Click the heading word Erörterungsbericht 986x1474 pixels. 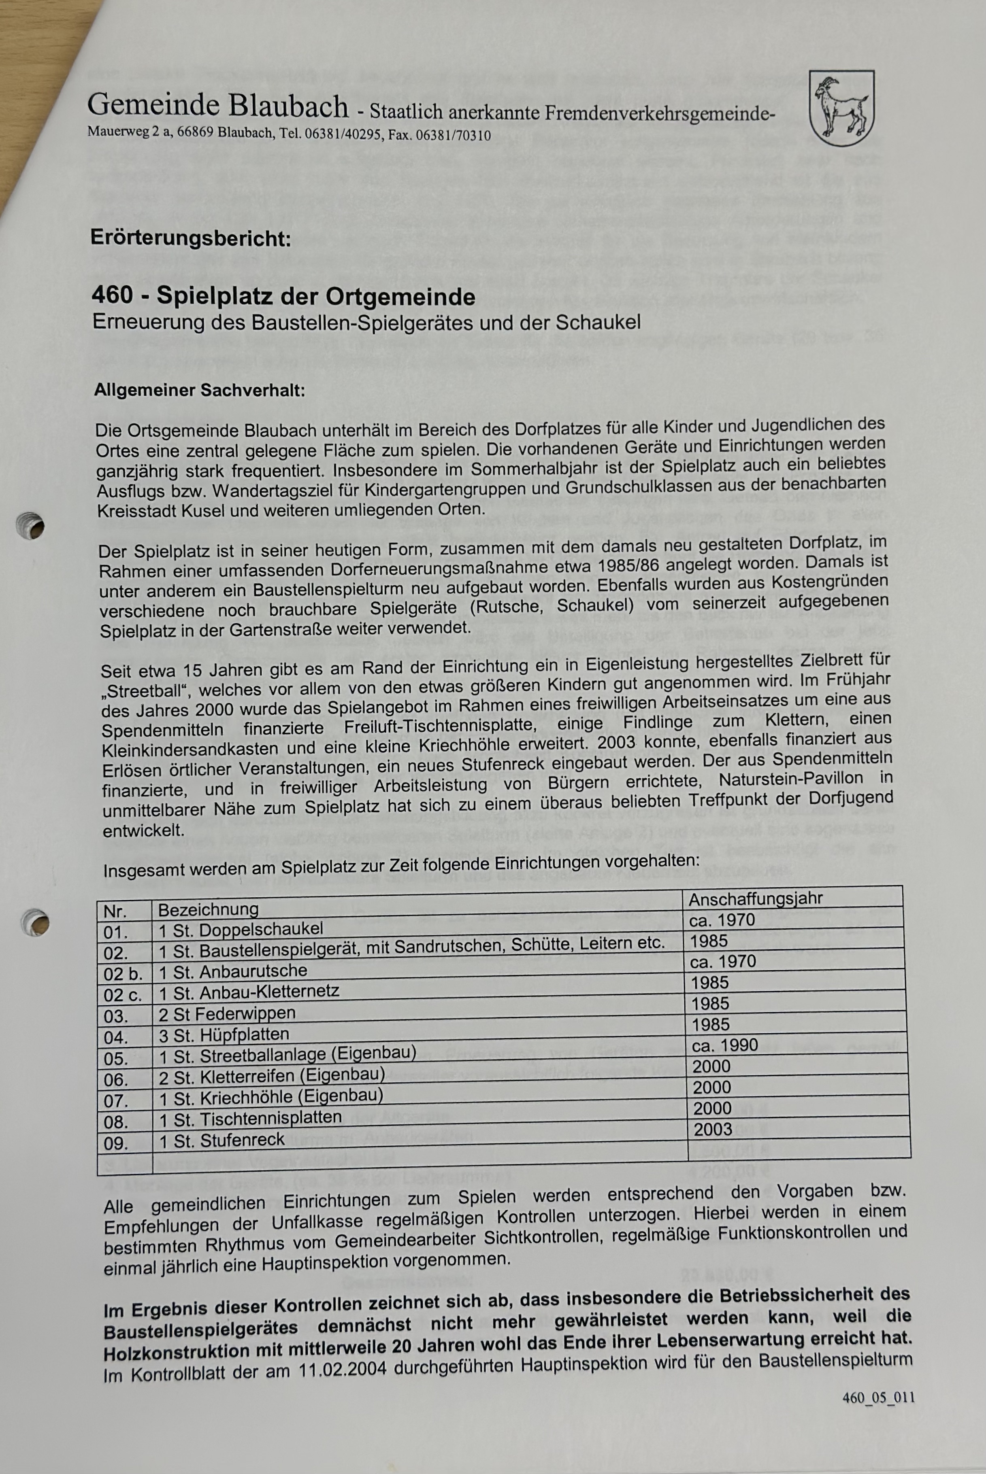point(191,238)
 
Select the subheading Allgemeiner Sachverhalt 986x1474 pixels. point(199,390)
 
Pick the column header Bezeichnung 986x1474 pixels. point(207,909)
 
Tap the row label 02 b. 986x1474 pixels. point(123,974)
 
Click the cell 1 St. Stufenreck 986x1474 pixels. point(221,1140)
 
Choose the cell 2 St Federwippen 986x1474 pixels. point(226,1013)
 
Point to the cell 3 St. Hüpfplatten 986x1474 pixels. point(224,1034)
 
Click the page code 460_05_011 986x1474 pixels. point(878,1398)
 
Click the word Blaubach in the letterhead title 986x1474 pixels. point(288,106)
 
